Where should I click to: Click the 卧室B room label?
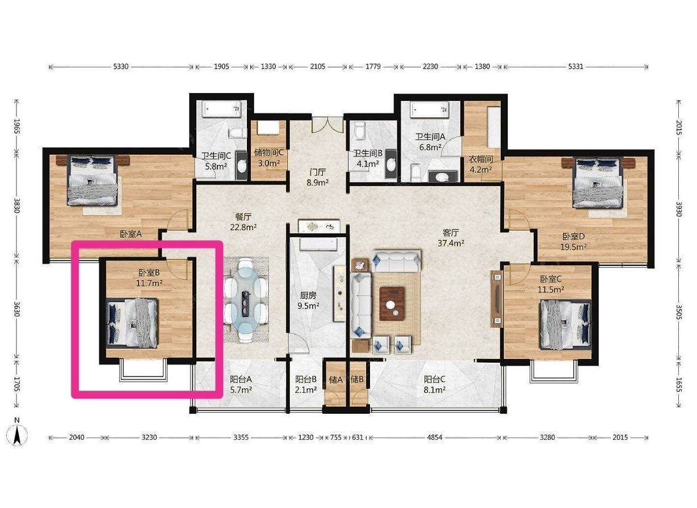tap(149, 273)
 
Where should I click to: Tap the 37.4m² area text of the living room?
tap(451, 243)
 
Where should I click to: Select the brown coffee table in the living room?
tap(392, 303)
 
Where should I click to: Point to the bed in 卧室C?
tap(566, 324)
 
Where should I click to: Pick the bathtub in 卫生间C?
tap(221, 109)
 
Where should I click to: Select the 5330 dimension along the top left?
tap(121, 66)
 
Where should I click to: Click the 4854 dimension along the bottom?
tap(435, 437)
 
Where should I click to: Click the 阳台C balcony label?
tap(434, 379)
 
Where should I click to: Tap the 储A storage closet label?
tap(335, 379)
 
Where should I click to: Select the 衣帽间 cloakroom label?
tap(481, 159)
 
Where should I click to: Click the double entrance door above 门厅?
tap(327, 125)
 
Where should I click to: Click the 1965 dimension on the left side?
tap(17, 126)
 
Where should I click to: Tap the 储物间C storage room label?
tap(269, 153)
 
